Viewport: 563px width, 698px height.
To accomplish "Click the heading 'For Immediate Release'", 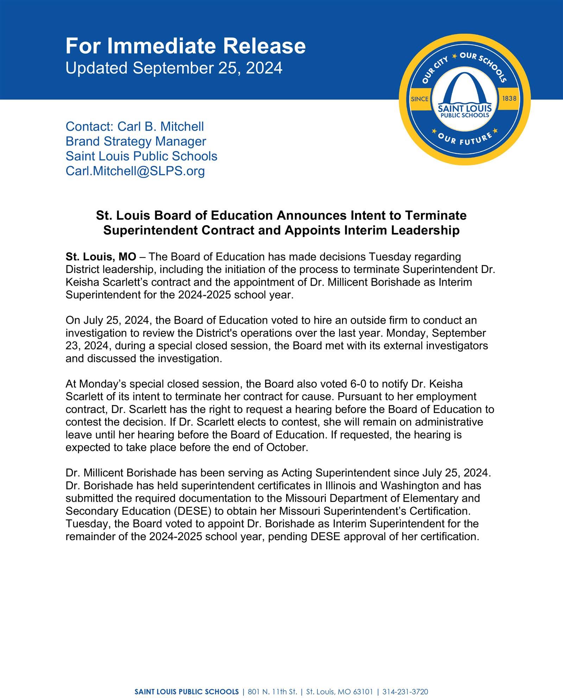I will [x=185, y=46].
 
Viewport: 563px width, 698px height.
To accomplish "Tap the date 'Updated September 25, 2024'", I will [x=174, y=68].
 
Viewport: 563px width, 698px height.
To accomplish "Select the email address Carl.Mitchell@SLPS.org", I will [x=135, y=171].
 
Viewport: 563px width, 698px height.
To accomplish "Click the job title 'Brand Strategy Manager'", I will [x=136, y=141].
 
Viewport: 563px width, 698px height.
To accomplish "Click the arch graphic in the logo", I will [x=464, y=88].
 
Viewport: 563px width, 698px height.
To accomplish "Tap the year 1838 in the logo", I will [x=509, y=99].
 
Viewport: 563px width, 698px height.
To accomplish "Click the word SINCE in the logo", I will [x=419, y=99].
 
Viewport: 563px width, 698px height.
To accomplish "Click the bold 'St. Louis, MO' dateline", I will [x=101, y=257].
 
